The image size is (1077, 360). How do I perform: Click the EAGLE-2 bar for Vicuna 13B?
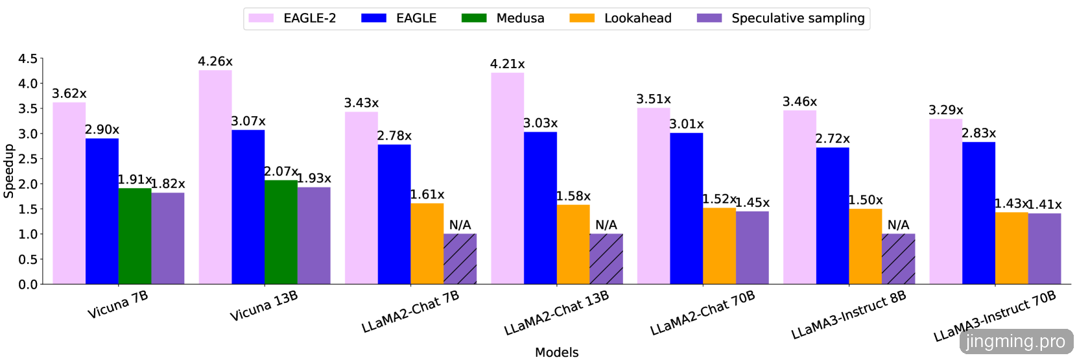pos(215,176)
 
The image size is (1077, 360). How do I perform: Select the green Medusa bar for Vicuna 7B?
pos(135,236)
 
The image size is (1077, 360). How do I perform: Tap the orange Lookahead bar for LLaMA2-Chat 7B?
pos(427,244)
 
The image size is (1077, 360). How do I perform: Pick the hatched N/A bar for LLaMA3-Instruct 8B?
pos(898,259)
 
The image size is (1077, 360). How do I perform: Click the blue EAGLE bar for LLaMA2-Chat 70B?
pos(687,208)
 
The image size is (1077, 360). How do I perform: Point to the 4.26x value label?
pos(215,62)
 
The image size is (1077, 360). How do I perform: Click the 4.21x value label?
pos(508,64)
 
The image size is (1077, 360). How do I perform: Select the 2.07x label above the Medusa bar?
pos(281,171)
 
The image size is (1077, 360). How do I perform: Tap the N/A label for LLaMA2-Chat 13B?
pos(606,225)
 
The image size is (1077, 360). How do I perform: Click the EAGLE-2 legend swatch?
pos(261,18)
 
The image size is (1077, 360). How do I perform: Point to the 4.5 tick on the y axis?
pos(28,59)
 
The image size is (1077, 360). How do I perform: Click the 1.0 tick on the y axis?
pos(28,234)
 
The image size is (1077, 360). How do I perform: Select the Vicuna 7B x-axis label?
pos(118,305)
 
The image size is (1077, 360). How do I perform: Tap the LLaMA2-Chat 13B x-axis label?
pos(556,313)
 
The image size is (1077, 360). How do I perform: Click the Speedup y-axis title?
pos(8,171)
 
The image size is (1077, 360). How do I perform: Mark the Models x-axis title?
pos(556,352)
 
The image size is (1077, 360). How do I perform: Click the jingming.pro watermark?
pos(1015,341)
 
